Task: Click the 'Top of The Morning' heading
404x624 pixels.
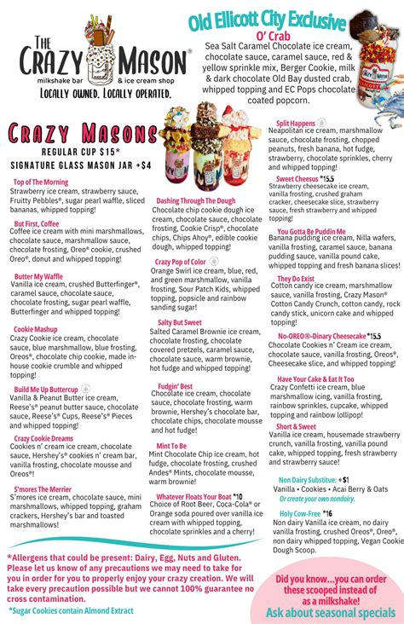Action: (x=42, y=182)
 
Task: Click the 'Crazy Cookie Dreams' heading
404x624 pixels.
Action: (x=43, y=438)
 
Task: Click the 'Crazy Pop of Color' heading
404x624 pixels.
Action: (x=180, y=262)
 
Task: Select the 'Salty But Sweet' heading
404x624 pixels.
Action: (x=180, y=323)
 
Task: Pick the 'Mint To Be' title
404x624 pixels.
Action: (x=171, y=446)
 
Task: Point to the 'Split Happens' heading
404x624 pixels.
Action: (x=297, y=124)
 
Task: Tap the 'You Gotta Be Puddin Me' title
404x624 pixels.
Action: (x=311, y=231)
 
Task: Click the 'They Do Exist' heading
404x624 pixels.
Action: (x=297, y=279)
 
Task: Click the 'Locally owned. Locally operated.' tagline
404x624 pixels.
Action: (x=96, y=90)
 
